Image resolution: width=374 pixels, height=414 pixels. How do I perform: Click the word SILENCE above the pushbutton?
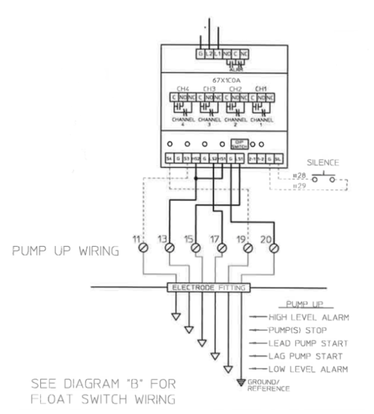[x=323, y=162]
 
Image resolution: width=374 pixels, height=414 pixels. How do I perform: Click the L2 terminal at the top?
[x=209, y=55]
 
